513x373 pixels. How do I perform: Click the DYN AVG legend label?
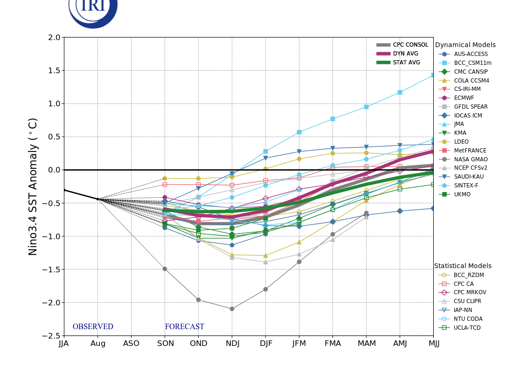coord(405,54)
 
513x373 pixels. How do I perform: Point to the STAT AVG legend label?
coord(406,62)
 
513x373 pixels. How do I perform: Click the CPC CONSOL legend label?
coord(410,45)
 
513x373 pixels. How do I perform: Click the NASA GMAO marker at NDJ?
coord(232,309)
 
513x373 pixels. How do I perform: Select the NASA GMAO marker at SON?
coord(165,269)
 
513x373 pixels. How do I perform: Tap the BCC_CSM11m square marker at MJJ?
coord(433,75)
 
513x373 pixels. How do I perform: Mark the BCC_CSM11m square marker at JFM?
coord(299,132)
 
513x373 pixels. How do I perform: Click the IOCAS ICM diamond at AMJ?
coord(400,211)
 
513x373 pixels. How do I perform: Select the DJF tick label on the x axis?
coord(266,344)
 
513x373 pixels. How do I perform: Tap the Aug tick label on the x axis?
coord(97,344)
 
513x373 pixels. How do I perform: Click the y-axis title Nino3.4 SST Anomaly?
coord(33,186)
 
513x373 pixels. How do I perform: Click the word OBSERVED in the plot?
coord(93,327)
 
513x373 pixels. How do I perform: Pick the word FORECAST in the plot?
coord(184,327)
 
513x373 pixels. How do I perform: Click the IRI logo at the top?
coord(93,9)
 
